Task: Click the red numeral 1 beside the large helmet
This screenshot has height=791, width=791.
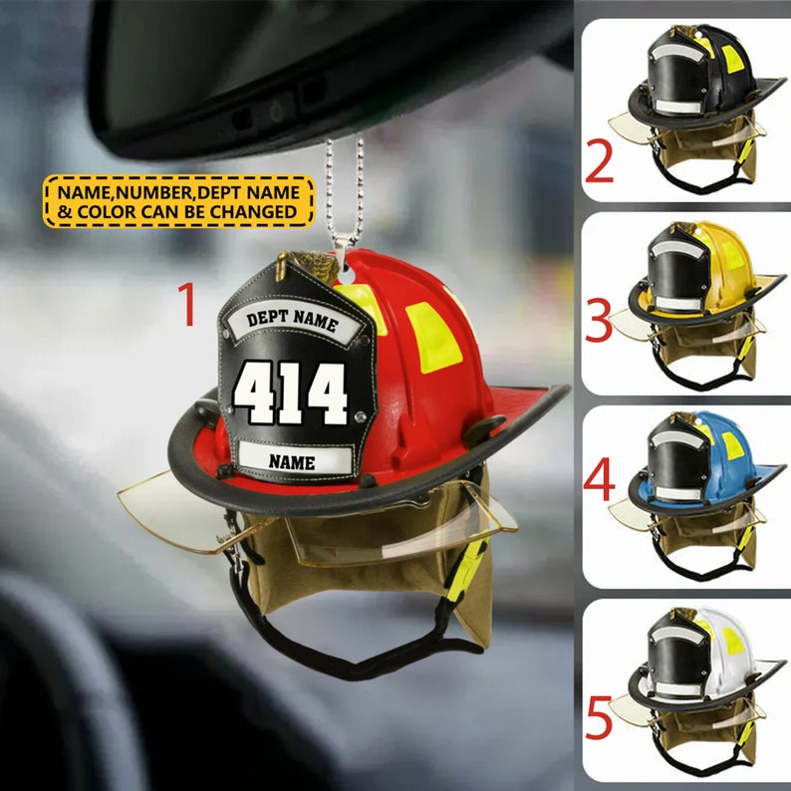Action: (187, 305)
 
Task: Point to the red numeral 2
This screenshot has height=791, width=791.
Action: (599, 164)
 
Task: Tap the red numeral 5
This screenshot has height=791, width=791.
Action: (599, 719)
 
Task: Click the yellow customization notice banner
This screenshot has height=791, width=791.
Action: (178, 200)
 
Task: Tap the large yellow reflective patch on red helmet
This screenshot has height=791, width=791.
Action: (430, 339)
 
